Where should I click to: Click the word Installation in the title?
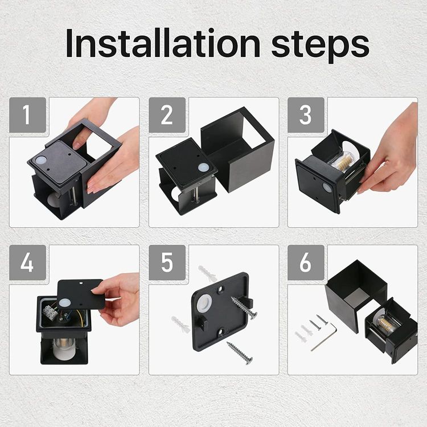(x=163, y=43)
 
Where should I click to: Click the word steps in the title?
(x=320, y=46)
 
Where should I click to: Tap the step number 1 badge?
(x=27, y=115)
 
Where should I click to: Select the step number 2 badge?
(x=167, y=115)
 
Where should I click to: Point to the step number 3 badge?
(x=306, y=115)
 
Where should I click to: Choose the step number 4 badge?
(x=27, y=262)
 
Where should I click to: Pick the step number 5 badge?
(x=167, y=262)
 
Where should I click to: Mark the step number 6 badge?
(x=306, y=262)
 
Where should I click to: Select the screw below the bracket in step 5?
(x=240, y=353)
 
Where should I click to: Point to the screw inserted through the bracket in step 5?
(x=244, y=307)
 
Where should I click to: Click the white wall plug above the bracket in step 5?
(x=208, y=273)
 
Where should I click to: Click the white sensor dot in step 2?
(x=203, y=167)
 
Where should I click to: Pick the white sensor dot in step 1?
(x=41, y=161)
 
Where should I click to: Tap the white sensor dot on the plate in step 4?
(x=64, y=303)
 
